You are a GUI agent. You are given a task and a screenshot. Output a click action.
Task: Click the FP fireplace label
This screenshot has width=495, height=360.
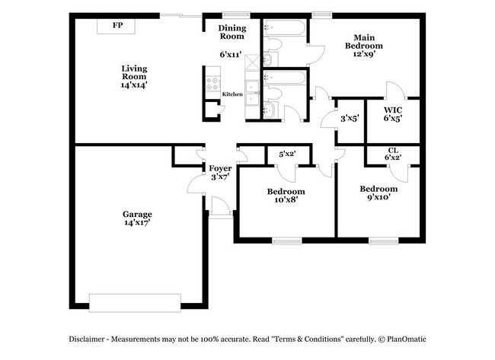tap(118, 26)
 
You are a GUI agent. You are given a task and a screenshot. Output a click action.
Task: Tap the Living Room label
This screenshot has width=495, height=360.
tap(134, 72)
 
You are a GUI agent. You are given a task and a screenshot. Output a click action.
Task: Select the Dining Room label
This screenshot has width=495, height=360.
tap(232, 32)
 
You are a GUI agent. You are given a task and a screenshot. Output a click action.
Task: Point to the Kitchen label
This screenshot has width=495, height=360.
tap(232, 94)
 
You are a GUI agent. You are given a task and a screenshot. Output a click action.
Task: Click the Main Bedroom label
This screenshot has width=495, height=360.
tap(363, 41)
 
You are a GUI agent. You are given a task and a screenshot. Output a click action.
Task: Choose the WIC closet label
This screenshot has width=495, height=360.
tap(393, 110)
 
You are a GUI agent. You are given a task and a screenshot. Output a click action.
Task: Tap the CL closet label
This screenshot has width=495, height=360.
tap(393, 150)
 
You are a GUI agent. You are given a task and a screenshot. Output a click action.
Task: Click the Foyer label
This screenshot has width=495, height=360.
tap(221, 168)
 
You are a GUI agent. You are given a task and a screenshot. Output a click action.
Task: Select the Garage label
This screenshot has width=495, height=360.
tap(138, 214)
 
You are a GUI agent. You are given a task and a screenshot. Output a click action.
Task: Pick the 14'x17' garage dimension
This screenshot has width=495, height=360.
tap(138, 223)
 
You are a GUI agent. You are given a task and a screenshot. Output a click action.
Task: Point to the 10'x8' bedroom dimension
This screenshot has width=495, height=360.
tap(286, 200)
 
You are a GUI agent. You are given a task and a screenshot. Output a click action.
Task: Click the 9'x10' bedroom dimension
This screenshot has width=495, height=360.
tap(378, 197)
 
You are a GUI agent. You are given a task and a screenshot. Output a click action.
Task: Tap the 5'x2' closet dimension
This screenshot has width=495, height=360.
tap(288, 155)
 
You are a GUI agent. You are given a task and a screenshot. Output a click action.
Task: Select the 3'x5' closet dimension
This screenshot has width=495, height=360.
tap(350, 118)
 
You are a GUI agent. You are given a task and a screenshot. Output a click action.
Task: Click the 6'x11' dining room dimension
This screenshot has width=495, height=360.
tap(231, 55)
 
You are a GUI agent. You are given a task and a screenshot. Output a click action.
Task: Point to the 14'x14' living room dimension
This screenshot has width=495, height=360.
tap(134, 85)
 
